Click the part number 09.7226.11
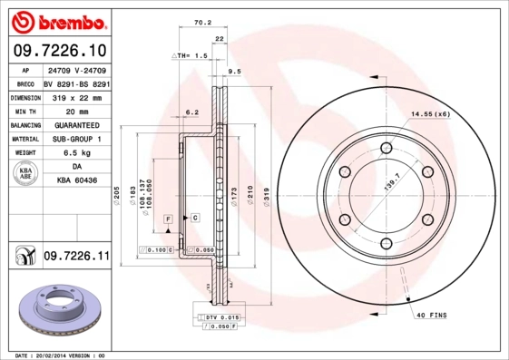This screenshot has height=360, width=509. coord(76,258)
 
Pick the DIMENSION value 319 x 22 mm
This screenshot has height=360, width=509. coord(76,97)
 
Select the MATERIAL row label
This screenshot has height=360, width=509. coord(24,140)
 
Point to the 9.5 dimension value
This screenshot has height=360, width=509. coord(233,71)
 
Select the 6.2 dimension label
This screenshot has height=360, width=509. coord(191,112)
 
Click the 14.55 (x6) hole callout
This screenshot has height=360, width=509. coord(430,113)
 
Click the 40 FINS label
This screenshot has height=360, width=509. coord(433,315)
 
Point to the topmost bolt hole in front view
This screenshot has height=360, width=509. coord(386,148)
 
